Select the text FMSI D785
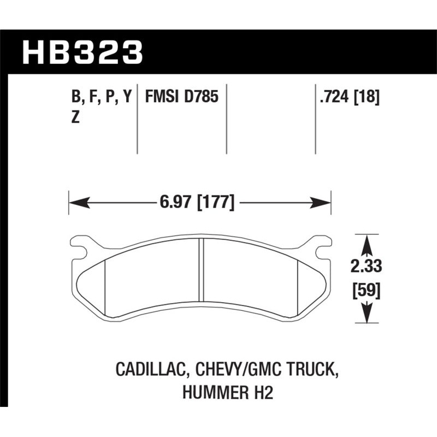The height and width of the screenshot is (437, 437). click(181, 98)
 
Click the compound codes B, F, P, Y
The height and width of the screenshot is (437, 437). click(101, 98)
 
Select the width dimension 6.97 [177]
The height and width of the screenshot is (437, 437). click(198, 203)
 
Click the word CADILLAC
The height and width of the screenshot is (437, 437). click(150, 371)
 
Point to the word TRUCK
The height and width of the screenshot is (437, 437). click(311, 371)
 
